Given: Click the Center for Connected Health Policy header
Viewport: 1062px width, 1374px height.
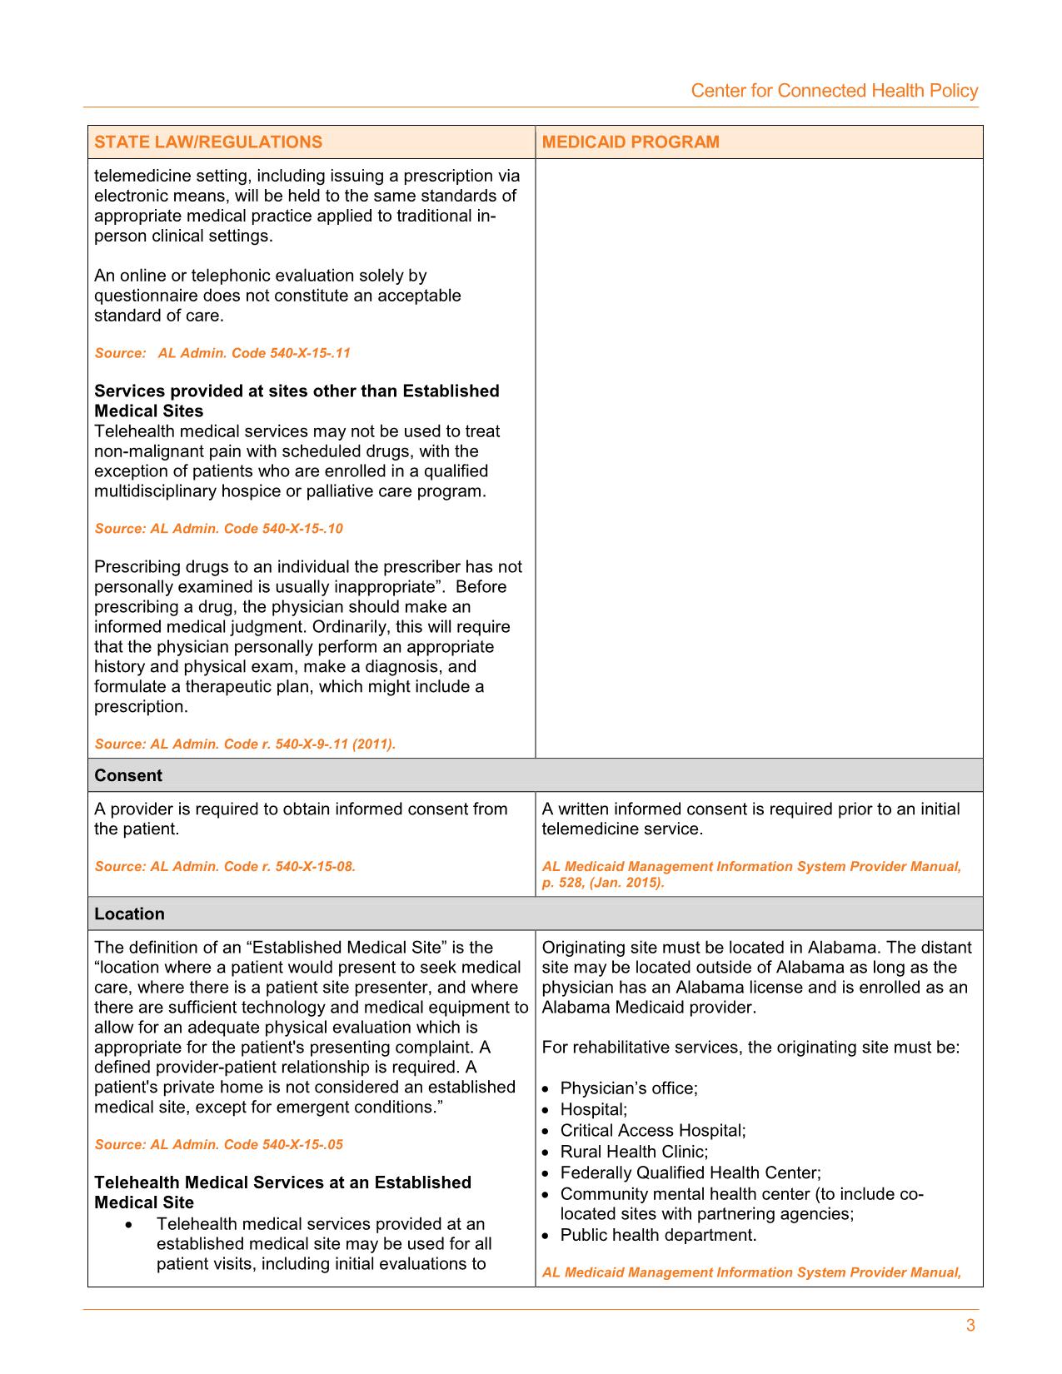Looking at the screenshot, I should click(834, 91).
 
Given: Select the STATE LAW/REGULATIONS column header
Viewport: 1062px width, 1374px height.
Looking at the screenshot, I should click(208, 142).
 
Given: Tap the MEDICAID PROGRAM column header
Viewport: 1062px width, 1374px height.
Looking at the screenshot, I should click(631, 142).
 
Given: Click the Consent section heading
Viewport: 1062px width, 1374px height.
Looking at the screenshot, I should click(128, 775).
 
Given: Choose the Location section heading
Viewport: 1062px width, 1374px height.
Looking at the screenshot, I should click(129, 914).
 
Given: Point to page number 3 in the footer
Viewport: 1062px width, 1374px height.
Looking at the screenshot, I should click(970, 1326).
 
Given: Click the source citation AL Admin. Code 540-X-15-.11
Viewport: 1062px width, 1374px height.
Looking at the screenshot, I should click(222, 353).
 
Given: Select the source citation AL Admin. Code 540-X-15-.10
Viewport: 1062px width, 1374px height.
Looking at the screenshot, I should click(218, 529).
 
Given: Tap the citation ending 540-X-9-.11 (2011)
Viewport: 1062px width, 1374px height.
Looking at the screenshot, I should click(245, 744).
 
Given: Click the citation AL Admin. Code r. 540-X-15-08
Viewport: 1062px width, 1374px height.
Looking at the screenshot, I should click(225, 867).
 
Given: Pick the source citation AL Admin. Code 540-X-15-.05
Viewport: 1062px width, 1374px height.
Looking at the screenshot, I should click(218, 1145).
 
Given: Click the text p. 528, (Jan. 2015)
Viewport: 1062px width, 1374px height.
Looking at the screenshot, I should click(603, 884).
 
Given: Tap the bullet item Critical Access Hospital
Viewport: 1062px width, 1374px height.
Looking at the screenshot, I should click(652, 1131).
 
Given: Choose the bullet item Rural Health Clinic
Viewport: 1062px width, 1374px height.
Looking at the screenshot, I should click(634, 1152).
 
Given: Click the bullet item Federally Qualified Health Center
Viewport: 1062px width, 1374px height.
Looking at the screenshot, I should click(691, 1173).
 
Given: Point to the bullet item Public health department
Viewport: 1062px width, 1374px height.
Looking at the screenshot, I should click(658, 1235).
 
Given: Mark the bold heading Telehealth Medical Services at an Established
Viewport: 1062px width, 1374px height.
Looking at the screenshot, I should click(282, 1182).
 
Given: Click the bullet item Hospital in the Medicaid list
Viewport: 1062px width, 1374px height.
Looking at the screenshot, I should click(593, 1109).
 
